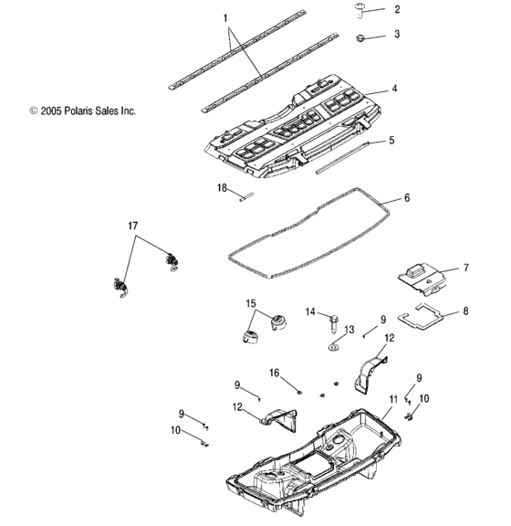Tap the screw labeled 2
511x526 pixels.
pyautogui.click(x=360, y=11)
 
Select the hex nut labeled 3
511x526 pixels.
pyautogui.click(x=362, y=37)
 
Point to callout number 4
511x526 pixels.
pyautogui.click(x=394, y=89)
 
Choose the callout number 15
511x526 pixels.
pyautogui.click(x=250, y=303)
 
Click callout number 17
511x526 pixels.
pyautogui.click(x=132, y=225)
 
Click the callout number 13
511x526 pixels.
pyautogui.click(x=349, y=330)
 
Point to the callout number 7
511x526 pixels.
pyautogui.click(x=466, y=268)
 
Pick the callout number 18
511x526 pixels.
pyautogui.click(x=222, y=187)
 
